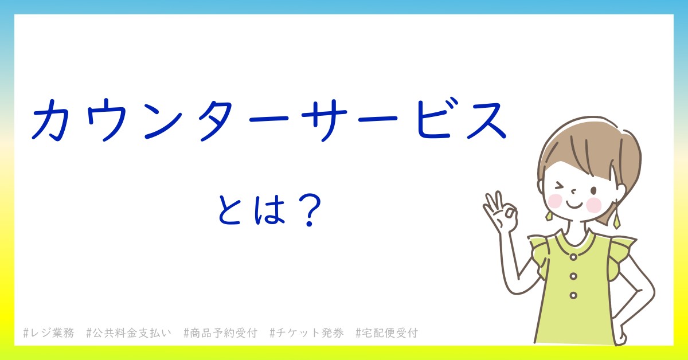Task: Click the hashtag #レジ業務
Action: pyautogui.click(x=49, y=332)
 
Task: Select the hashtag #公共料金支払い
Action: pyautogui.click(x=128, y=332)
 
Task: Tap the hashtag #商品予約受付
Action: pyautogui.click(x=220, y=332)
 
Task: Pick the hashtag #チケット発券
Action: pyautogui.click(x=307, y=332)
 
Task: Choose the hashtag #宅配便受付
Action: pyautogui.click(x=386, y=332)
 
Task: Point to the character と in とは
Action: pyautogui.click(x=229, y=210)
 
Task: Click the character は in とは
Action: pyautogui.click(x=269, y=210)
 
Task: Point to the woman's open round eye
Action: pyautogui.click(x=594, y=191)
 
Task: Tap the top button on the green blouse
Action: pyautogui.click(x=573, y=257)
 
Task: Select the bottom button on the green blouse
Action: pyautogui.click(x=573, y=295)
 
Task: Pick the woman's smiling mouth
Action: pyautogui.click(x=574, y=205)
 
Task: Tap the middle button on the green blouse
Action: pyautogui.click(x=573, y=276)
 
